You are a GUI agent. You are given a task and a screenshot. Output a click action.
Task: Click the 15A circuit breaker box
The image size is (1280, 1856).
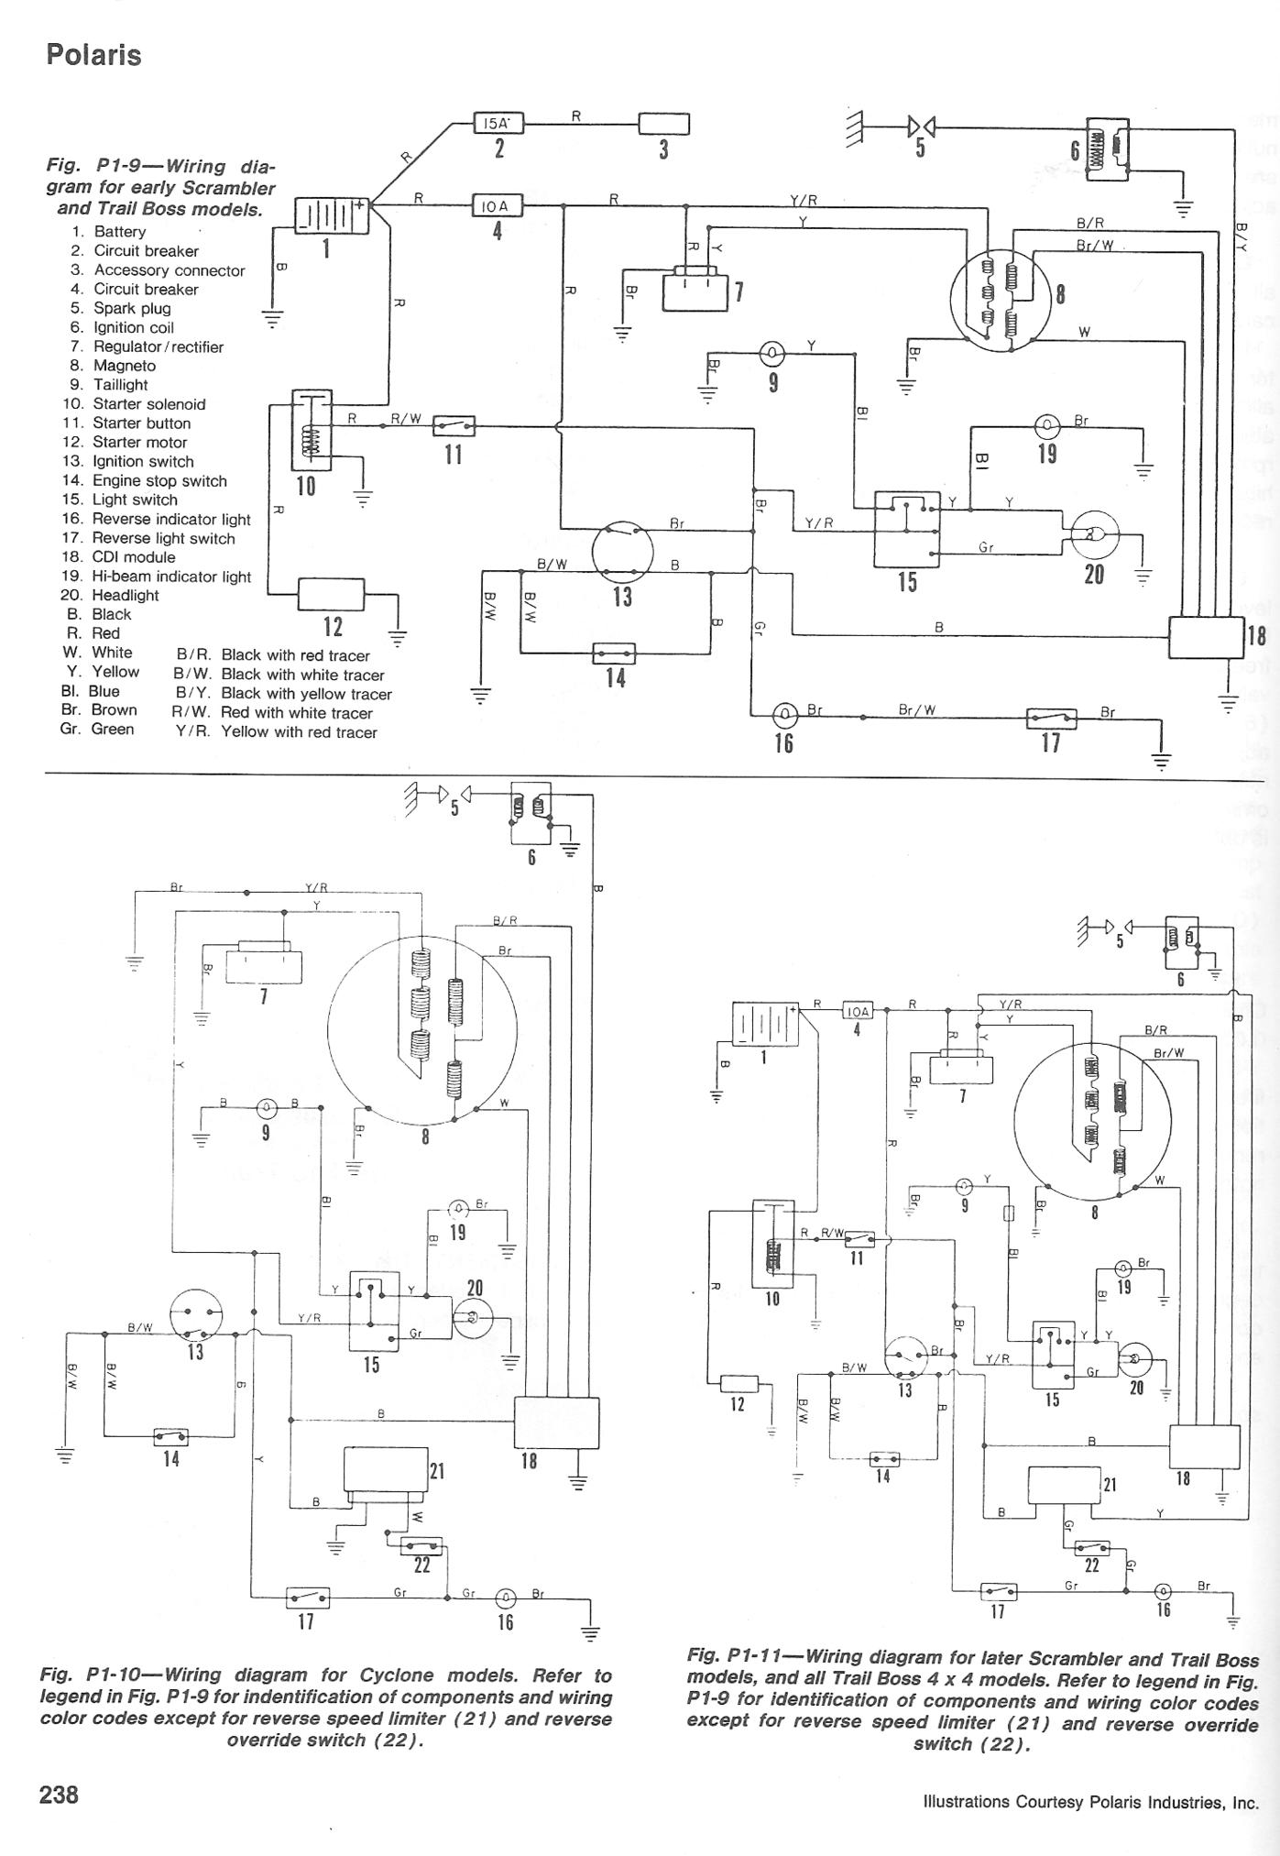click(x=498, y=123)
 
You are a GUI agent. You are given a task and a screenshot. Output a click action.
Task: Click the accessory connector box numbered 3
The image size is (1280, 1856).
click(x=663, y=123)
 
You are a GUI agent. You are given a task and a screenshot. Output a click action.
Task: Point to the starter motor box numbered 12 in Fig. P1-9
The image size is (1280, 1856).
click(x=331, y=594)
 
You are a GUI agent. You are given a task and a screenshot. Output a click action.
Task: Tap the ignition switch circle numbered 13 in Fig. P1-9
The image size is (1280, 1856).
click(x=622, y=553)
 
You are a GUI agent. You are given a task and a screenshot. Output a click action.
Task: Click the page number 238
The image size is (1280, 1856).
click(x=59, y=1793)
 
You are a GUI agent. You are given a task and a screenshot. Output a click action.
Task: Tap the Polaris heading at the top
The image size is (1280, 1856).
click(x=93, y=55)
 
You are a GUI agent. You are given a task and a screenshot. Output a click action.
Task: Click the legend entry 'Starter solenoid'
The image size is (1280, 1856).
click(x=148, y=404)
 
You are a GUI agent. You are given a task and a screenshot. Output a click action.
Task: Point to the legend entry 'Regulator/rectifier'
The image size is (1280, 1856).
click(x=158, y=346)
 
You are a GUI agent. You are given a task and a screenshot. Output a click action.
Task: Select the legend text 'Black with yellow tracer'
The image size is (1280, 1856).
click(x=306, y=694)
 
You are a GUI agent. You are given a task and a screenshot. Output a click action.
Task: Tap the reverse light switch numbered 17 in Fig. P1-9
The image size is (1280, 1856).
click(x=1051, y=718)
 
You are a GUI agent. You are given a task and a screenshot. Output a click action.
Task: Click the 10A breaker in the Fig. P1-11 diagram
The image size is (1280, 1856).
click(x=858, y=1011)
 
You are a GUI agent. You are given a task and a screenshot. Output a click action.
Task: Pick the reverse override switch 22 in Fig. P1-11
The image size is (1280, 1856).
click(x=1090, y=1547)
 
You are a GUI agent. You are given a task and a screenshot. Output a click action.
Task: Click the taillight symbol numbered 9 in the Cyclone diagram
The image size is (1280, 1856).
click(x=266, y=1106)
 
